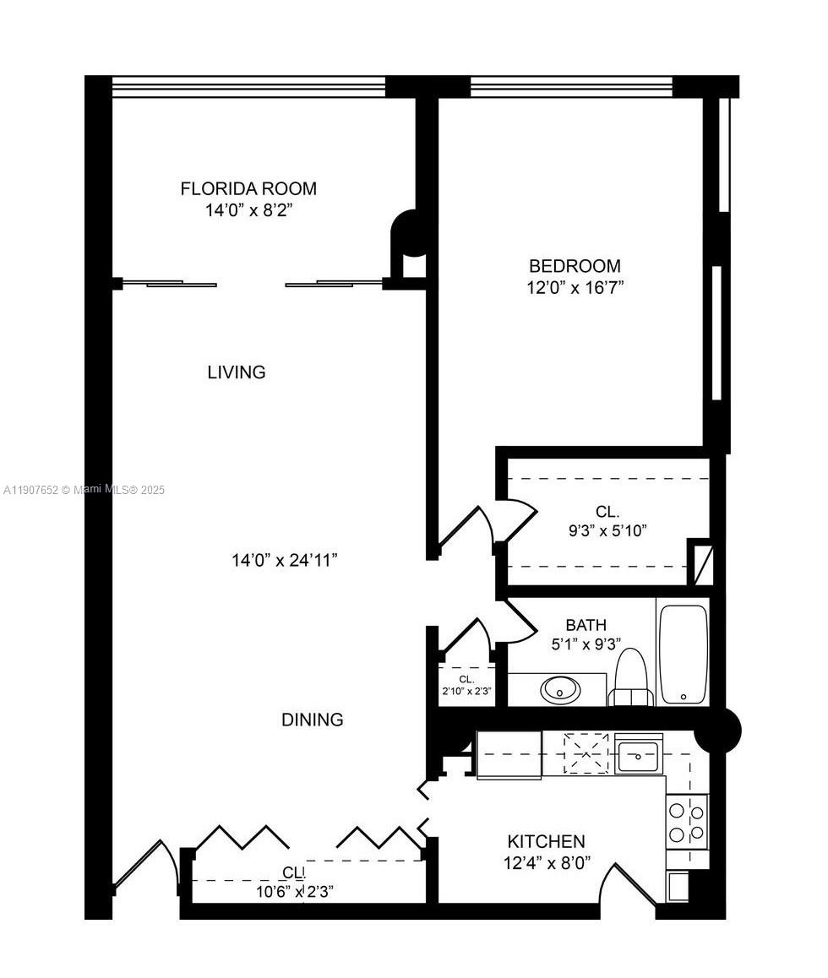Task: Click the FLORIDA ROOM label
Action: [x=248, y=188]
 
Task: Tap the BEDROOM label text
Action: [x=575, y=266]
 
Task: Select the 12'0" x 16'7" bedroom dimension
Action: [x=575, y=288]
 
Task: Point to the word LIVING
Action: [x=237, y=372]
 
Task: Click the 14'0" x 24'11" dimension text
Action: [x=285, y=560]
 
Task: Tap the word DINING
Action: [x=313, y=720]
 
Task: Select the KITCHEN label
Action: [x=546, y=842]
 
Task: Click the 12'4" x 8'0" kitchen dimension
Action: [x=546, y=863]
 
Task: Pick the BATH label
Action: [x=586, y=625]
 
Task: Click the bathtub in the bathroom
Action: [x=683, y=654]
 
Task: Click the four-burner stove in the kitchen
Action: [x=687, y=822]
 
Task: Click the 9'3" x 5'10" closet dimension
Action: [x=607, y=531]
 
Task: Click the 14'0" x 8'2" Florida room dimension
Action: [x=248, y=209]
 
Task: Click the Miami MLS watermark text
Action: [x=84, y=490]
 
